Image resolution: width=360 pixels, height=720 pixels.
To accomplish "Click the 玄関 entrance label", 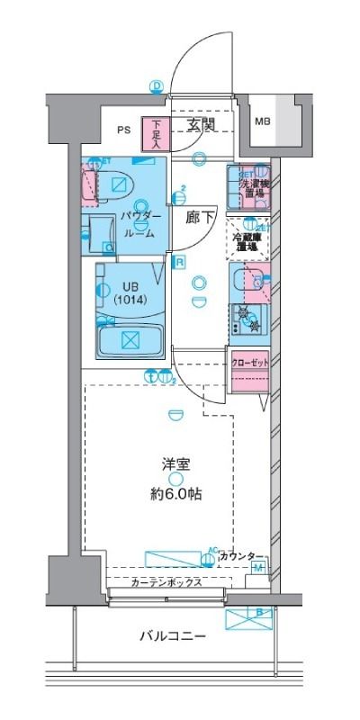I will point(201,126).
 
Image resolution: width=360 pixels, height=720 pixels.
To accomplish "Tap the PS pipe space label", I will point(123,129).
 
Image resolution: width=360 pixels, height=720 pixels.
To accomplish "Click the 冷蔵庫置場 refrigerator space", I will point(247,239).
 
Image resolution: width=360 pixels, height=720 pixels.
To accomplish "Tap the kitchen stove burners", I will point(247,319).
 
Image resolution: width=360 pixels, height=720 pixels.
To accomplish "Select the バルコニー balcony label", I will point(173,636).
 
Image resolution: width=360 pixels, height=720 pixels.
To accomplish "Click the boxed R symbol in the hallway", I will point(180,262).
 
